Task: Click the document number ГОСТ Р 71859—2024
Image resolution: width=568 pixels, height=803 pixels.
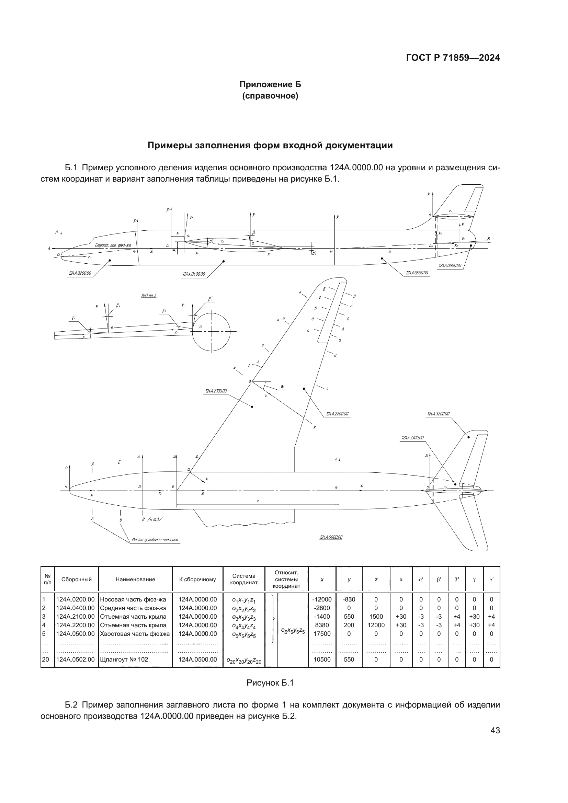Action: click(x=453, y=58)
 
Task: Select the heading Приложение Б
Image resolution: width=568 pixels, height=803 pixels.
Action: click(x=270, y=85)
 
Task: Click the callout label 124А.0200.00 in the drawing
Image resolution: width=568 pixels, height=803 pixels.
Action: click(x=80, y=274)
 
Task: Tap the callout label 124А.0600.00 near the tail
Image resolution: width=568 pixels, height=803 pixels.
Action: click(x=450, y=266)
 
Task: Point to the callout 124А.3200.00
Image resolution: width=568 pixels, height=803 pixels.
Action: click(x=438, y=414)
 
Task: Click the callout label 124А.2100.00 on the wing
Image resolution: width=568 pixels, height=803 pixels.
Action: click(x=216, y=391)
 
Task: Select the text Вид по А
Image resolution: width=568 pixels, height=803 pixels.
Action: click(x=149, y=296)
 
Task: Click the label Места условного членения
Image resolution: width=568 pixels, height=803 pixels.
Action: click(x=155, y=540)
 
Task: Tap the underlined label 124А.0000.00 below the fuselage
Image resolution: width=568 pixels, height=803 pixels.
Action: click(x=331, y=537)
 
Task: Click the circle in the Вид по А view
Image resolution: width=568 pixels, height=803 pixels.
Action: click(x=212, y=331)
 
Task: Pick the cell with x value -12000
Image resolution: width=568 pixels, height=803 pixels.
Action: click(x=322, y=599)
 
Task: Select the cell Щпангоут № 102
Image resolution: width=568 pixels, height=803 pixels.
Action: click(x=124, y=659)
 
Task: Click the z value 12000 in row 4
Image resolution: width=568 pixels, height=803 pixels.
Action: click(x=376, y=625)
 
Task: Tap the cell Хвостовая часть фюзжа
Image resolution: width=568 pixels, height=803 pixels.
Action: click(x=135, y=634)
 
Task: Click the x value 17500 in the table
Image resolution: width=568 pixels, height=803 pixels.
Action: click(x=322, y=634)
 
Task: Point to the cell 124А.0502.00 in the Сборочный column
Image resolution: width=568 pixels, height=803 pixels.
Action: click(x=76, y=659)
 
